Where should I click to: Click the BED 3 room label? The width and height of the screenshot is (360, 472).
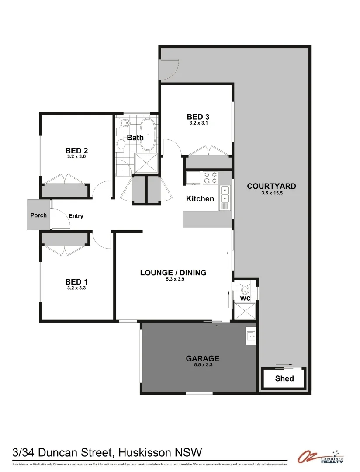pyautogui.click(x=198, y=117)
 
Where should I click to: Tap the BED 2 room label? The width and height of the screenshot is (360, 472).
pyautogui.click(x=76, y=151)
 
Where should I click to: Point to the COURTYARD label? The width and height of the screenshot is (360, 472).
pyautogui.click(x=271, y=186)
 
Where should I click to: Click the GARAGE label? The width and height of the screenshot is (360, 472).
pyautogui.click(x=202, y=359)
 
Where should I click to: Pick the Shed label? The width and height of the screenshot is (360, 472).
pyautogui.click(x=284, y=378)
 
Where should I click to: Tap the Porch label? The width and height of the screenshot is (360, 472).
pyautogui.click(x=38, y=215)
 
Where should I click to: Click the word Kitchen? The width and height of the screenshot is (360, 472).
pyautogui.click(x=200, y=199)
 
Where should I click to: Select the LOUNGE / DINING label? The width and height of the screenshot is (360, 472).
pyautogui.click(x=173, y=273)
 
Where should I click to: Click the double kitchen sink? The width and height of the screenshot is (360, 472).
pyautogui.click(x=225, y=198)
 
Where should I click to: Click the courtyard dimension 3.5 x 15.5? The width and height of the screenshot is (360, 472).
pyautogui.click(x=271, y=193)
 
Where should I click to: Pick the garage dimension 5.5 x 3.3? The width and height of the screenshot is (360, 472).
pyautogui.click(x=202, y=365)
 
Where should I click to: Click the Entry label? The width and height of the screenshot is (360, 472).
pyautogui.click(x=76, y=216)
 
